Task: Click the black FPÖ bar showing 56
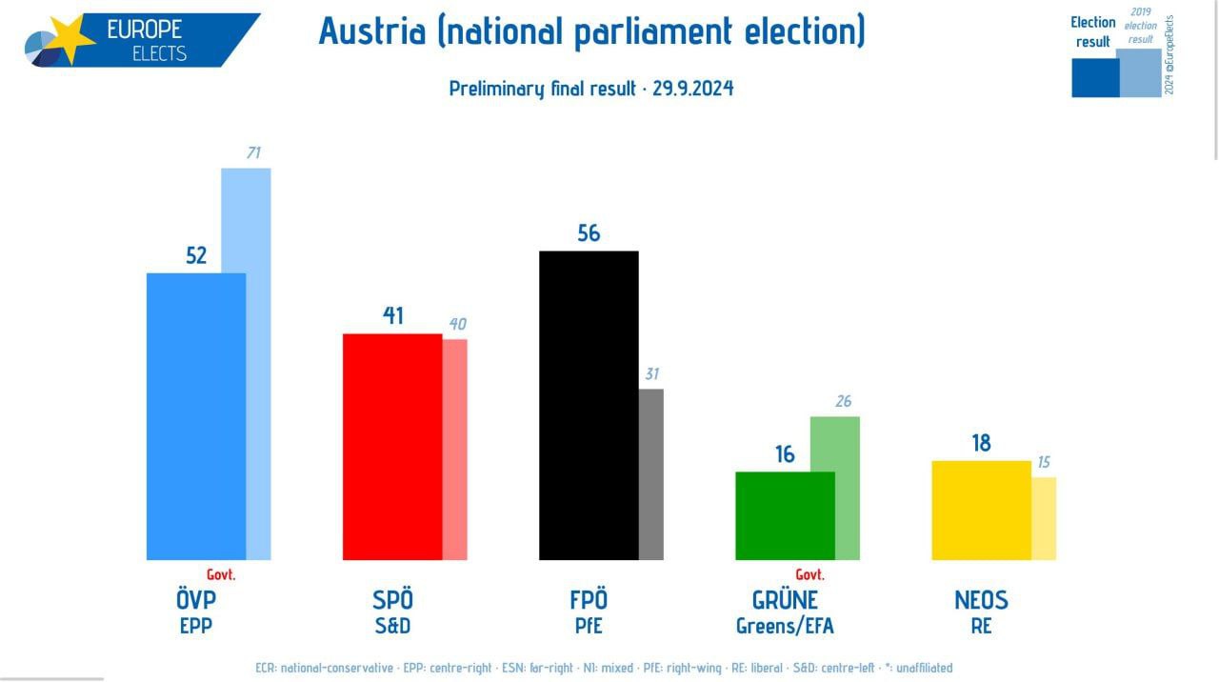(x=589, y=405)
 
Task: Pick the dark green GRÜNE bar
(x=785, y=515)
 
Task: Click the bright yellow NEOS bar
(x=981, y=510)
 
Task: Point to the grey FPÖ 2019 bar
(x=651, y=473)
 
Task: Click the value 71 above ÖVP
(x=253, y=152)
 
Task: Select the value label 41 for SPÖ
(x=392, y=316)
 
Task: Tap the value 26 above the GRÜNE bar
(x=843, y=401)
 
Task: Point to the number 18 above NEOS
(x=981, y=443)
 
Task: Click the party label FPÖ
(x=589, y=600)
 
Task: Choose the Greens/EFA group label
(x=785, y=626)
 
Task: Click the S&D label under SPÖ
(x=392, y=626)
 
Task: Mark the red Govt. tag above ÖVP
(x=221, y=574)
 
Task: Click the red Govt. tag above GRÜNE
(x=809, y=574)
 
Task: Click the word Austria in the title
(x=371, y=31)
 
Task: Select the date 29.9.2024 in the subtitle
(x=693, y=89)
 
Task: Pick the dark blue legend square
(x=1095, y=78)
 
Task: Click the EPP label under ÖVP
(x=196, y=626)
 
